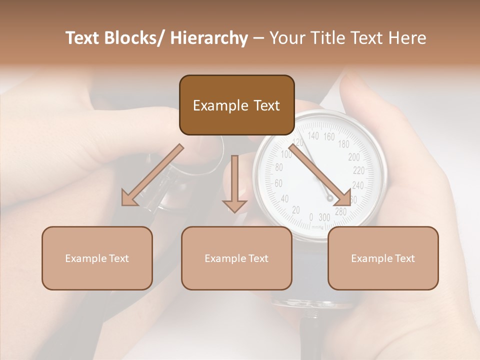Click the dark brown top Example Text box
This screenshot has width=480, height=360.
236,105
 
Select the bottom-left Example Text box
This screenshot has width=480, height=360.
97,258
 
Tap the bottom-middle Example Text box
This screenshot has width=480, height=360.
236,258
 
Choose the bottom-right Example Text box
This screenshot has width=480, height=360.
383,258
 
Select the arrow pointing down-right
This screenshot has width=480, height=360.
319,175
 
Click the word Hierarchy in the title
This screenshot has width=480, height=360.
209,38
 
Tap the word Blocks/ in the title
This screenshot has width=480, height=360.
133,38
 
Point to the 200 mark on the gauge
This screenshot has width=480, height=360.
353,157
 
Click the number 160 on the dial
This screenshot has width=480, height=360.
328,136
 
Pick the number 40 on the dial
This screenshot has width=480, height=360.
284,199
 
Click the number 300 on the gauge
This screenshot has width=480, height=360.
324,217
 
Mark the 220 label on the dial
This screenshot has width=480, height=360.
358,170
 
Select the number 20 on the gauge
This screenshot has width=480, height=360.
295,210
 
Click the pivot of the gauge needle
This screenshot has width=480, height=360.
330,198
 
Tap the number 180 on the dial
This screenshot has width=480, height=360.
343,144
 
